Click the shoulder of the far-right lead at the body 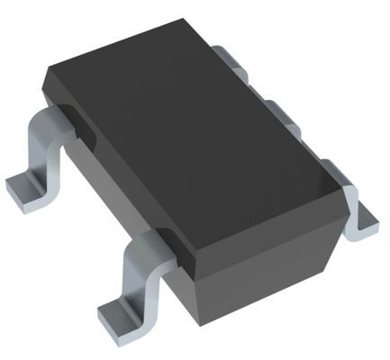335,167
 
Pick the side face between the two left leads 108,180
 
